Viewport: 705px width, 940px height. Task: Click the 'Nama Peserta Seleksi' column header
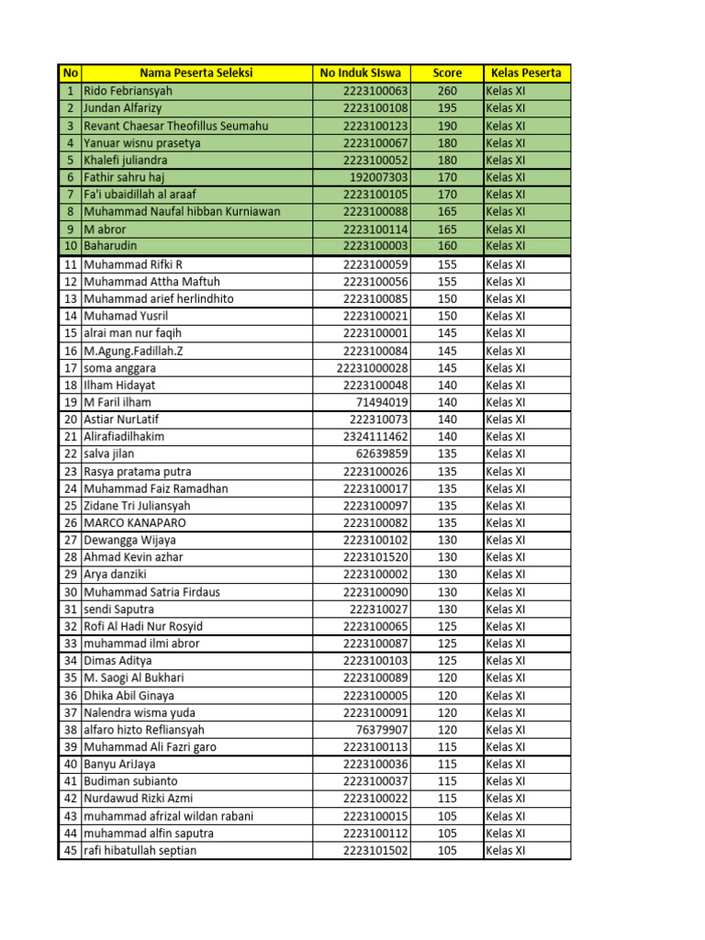click(196, 73)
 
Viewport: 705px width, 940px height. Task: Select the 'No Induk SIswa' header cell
click(362, 73)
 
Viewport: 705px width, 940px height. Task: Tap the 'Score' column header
click(447, 73)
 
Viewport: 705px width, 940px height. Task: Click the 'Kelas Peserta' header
click(526, 73)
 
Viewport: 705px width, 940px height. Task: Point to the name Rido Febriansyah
click(128, 91)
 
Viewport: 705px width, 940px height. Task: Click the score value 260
click(447, 91)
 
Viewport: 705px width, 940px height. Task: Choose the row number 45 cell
click(70, 850)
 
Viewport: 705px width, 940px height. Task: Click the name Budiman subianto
click(130, 781)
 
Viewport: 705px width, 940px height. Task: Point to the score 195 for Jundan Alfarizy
click(447, 108)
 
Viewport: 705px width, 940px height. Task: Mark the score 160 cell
click(447, 246)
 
